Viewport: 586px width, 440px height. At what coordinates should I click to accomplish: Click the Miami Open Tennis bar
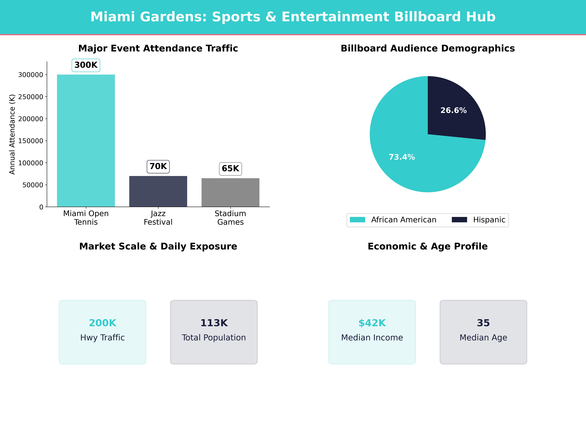click(x=86, y=141)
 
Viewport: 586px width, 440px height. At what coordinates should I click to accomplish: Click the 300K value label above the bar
click(x=86, y=65)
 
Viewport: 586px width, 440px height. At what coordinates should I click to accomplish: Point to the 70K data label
click(x=158, y=166)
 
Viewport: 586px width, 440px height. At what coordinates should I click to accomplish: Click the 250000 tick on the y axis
click(x=31, y=97)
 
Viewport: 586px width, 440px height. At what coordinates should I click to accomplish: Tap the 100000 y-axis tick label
click(x=31, y=163)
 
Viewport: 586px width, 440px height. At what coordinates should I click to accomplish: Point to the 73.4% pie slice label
click(x=402, y=157)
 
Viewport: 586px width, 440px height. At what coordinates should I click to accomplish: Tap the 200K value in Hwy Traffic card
click(x=103, y=323)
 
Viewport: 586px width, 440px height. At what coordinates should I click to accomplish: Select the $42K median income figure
click(x=372, y=323)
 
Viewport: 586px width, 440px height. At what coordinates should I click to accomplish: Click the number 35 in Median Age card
click(x=483, y=323)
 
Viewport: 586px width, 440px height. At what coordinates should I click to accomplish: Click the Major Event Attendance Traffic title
click(x=158, y=48)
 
